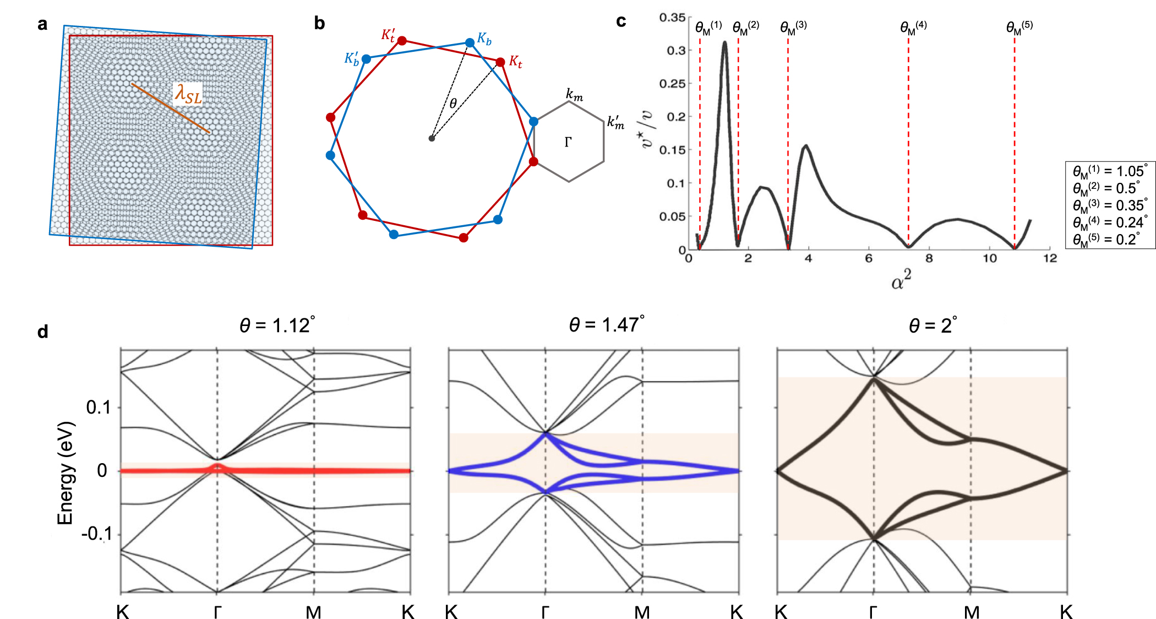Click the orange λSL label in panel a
(x=188, y=94)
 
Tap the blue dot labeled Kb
(x=470, y=42)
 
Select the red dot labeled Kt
(x=500, y=62)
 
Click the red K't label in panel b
(x=388, y=35)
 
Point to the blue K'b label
(x=352, y=58)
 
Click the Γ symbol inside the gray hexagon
(x=568, y=143)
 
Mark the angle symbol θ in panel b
(x=453, y=104)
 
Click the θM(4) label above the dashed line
(x=913, y=28)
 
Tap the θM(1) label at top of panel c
(x=708, y=28)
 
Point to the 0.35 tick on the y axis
(x=672, y=18)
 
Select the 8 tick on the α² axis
(x=929, y=258)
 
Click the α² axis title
(x=901, y=280)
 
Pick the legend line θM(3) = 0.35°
(x=1110, y=205)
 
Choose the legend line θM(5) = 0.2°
(x=1106, y=240)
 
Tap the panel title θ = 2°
(x=933, y=325)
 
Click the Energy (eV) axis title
(x=65, y=473)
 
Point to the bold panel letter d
(x=43, y=332)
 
